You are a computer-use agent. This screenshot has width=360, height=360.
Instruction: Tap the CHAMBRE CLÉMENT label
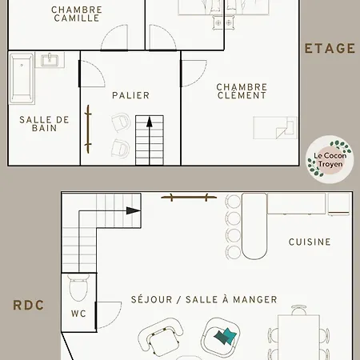242,91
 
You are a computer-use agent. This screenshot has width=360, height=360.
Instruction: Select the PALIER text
130,95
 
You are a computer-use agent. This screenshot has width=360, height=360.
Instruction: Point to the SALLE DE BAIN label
44,124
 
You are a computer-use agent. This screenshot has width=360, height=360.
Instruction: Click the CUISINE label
310,242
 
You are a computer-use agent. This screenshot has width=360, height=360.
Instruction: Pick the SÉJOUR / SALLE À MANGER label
204,299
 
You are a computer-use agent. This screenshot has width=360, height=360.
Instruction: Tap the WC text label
78,314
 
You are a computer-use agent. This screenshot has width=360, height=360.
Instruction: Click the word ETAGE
330,48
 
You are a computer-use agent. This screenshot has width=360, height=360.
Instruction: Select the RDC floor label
28,305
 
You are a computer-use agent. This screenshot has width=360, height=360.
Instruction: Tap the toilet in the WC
78,286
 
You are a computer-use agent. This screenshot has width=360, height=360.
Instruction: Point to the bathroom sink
51,60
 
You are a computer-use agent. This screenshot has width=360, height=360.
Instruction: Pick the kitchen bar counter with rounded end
255,226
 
